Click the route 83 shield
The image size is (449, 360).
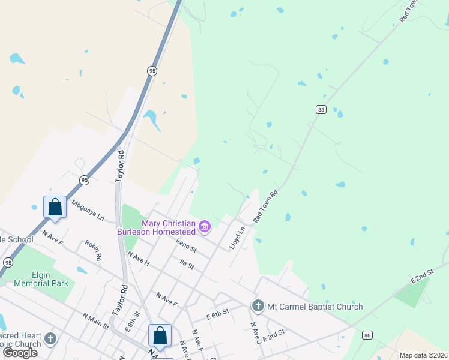[321, 109]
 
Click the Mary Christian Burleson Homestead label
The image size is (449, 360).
[156, 227]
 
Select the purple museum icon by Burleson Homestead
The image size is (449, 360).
[205, 226]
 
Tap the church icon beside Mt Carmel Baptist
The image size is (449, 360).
[258, 306]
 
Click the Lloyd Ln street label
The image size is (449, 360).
[237, 238]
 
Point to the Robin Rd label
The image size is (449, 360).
[93, 250]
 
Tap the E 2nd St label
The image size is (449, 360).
[422, 277]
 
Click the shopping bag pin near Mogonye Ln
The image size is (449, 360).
[55, 208]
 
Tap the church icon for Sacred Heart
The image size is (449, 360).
[50, 339]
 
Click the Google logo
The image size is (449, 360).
[20, 353]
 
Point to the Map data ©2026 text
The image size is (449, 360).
[424, 355]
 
